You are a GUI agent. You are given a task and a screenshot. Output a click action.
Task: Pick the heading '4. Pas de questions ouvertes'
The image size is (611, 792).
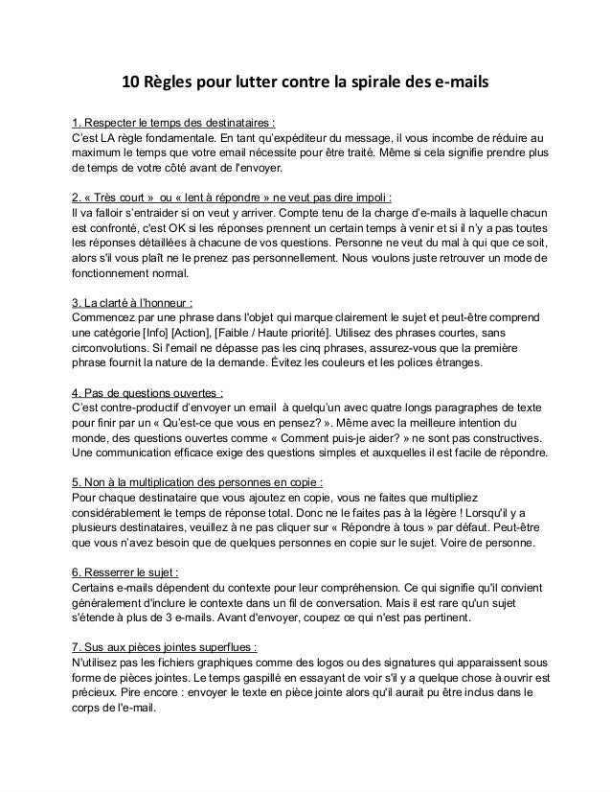pyautogui.click(x=148, y=394)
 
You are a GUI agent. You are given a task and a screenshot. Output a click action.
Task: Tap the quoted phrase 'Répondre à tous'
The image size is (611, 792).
pyautogui.click(x=411, y=526)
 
